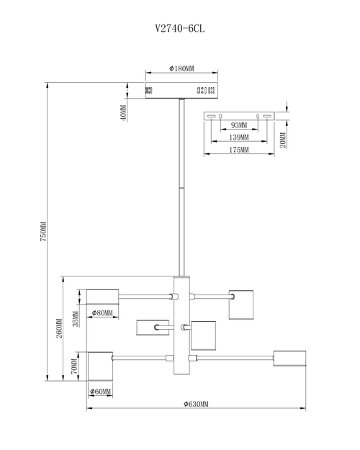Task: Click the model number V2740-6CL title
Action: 180,28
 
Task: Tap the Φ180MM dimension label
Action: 181,68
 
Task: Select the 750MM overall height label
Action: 43,231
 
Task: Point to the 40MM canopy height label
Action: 123,113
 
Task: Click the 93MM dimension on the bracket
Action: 239,125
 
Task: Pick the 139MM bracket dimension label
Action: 239,138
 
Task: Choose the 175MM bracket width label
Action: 239,150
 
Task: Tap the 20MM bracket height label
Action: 283,140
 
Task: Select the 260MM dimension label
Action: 59,328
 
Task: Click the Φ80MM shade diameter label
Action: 102,313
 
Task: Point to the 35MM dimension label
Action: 76,319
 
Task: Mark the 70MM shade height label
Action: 74,366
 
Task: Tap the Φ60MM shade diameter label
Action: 101,392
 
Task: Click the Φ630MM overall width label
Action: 197,404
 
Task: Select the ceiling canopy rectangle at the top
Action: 181,91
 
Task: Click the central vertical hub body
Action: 181,325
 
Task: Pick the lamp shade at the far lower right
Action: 289,358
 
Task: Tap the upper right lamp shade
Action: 241,305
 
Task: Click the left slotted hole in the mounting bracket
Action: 211,116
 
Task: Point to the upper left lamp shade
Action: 102,297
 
